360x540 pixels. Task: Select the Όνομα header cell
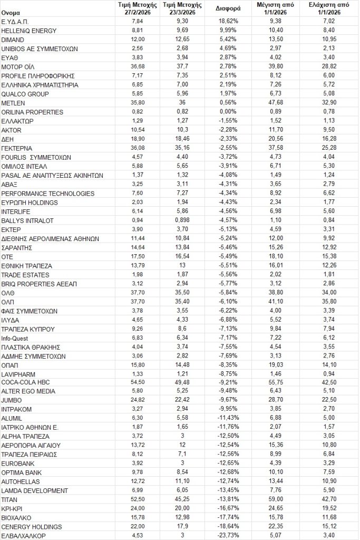click(x=11, y=12)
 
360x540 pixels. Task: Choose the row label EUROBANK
click(x=18, y=463)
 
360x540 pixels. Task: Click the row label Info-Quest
click(x=15, y=337)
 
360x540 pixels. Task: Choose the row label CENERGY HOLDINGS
click(x=32, y=526)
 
